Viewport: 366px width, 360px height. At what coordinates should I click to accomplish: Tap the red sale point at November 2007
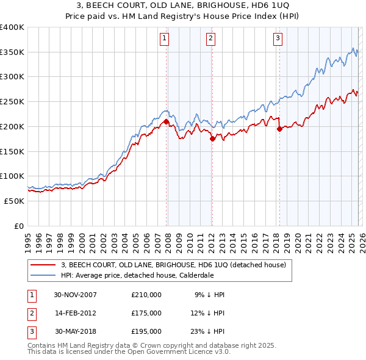(166, 121)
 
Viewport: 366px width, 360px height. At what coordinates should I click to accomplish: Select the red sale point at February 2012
(212, 139)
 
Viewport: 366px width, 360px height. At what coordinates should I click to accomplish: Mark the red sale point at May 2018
(279, 129)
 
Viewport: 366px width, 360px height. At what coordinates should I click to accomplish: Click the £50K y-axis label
(15, 201)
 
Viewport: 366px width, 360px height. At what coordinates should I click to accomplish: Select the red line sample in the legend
(43, 264)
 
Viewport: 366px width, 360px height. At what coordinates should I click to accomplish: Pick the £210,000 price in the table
(146, 295)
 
